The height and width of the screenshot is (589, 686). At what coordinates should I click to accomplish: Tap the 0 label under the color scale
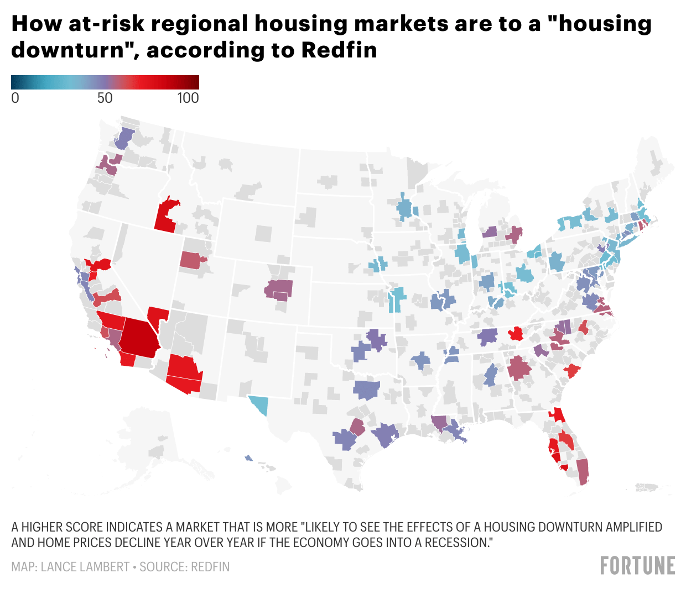point(15,98)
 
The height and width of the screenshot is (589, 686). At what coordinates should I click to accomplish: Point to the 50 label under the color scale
point(105,98)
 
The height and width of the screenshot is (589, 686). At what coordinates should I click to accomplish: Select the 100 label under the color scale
point(188,98)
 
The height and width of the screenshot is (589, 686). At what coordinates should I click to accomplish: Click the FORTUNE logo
point(637,565)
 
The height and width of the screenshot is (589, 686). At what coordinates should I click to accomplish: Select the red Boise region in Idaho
point(167,215)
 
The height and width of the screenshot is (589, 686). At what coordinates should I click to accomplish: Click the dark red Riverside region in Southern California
point(139,339)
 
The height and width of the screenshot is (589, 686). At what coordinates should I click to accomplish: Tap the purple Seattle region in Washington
point(124,139)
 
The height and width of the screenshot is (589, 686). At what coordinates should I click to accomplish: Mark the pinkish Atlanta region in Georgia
point(519,368)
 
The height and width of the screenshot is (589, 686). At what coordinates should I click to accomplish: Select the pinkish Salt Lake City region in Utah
point(192,260)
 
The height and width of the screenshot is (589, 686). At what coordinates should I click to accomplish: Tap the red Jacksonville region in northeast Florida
point(557,414)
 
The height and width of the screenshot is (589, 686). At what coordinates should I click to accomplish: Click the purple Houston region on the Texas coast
point(385,435)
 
